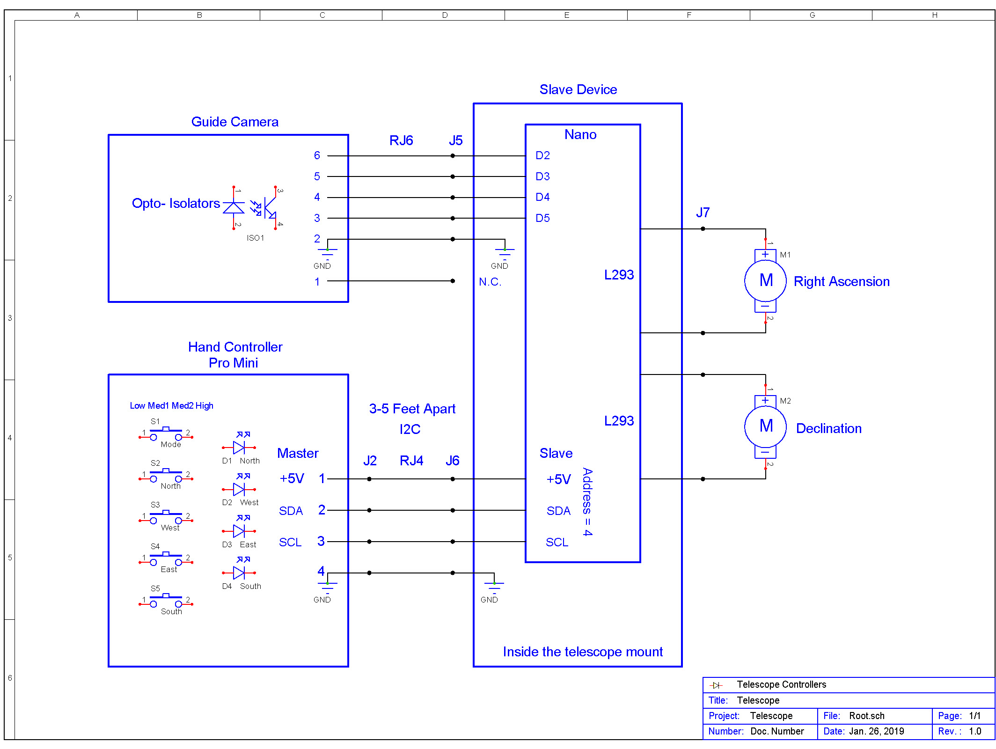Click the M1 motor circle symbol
click(x=765, y=280)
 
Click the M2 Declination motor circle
click(x=765, y=426)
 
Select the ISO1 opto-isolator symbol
click(x=255, y=208)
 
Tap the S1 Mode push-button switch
click(x=166, y=434)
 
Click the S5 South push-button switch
click(x=166, y=601)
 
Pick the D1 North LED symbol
click(x=239, y=447)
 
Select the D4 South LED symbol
click(x=239, y=572)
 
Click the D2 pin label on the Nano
click(x=542, y=155)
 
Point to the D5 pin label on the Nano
click(x=542, y=218)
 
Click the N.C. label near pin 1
click(x=490, y=282)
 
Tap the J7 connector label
click(x=703, y=213)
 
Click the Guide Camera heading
click(x=235, y=122)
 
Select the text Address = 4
click(x=587, y=501)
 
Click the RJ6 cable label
click(x=401, y=140)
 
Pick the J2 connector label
click(x=370, y=461)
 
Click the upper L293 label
click(x=619, y=275)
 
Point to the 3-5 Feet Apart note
click(x=412, y=409)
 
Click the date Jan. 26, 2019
click(x=876, y=731)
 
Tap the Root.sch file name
click(x=866, y=716)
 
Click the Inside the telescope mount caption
click(x=583, y=652)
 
